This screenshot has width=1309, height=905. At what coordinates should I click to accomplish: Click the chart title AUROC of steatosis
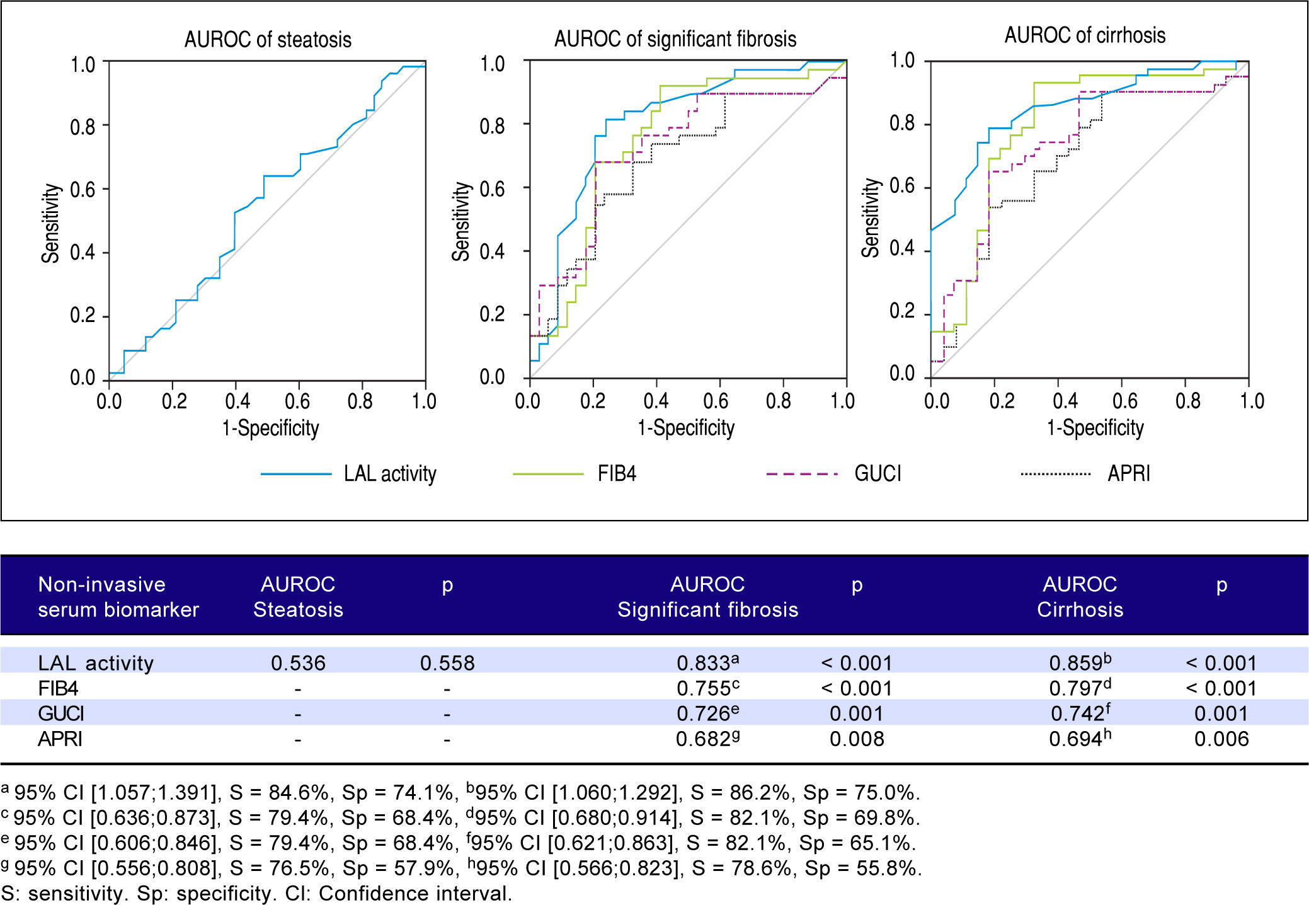pos(268,40)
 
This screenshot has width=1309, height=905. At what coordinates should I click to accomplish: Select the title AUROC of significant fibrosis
pos(675,39)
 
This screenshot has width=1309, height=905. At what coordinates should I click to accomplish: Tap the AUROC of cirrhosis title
pos(1085,35)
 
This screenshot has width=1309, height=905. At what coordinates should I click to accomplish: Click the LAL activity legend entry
pos(389,474)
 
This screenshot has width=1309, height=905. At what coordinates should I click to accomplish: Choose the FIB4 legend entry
pos(616,474)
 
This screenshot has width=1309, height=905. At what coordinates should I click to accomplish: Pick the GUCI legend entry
pos(877,474)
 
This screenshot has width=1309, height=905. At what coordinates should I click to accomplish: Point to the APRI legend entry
pos(1128,474)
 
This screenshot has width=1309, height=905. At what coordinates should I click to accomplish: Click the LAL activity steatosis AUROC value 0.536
pos(298,663)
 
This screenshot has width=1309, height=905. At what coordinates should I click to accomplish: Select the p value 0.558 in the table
pos(447,663)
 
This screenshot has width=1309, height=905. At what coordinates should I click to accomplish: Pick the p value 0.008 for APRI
pos(857,739)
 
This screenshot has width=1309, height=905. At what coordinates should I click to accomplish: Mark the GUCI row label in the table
pos(61,713)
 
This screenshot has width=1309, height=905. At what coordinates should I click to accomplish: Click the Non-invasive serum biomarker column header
pos(118,597)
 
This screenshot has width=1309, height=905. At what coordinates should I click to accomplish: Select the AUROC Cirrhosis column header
pos(1080,597)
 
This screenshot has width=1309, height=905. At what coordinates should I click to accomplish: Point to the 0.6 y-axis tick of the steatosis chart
pos(83,190)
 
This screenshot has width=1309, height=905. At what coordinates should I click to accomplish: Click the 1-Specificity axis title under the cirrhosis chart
pos(1095,428)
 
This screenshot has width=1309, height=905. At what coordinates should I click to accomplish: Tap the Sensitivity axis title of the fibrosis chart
pos(461,221)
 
